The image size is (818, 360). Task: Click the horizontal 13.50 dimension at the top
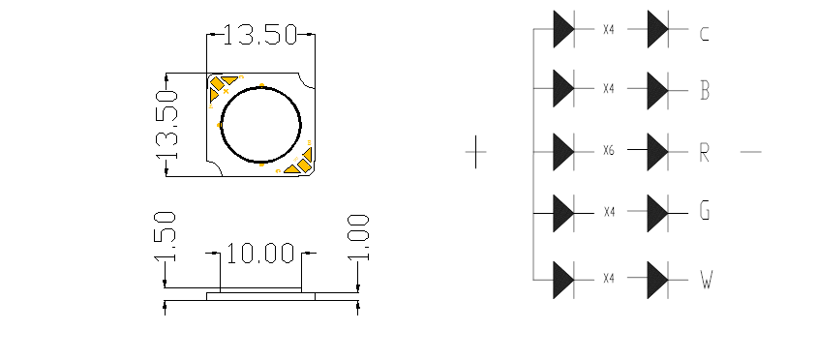(260, 35)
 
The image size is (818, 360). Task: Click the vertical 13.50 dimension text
(167, 125)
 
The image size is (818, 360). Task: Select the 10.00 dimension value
(260, 254)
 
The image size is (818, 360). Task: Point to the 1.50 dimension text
(165, 236)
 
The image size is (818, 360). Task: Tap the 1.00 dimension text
(358, 237)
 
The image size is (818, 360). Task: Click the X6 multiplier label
(608, 151)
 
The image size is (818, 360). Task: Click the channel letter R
(705, 152)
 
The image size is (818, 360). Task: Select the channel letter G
(705, 211)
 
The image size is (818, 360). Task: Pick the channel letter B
(705, 91)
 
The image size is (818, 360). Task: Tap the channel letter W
(706, 279)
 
